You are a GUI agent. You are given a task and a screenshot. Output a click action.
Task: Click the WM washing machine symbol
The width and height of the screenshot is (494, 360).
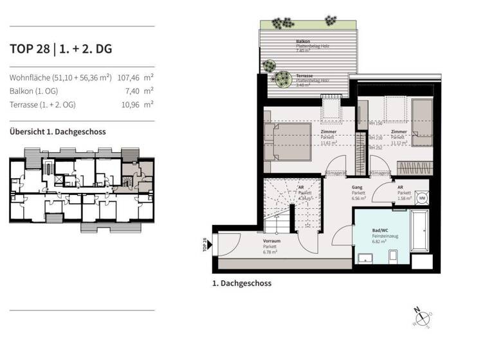421,198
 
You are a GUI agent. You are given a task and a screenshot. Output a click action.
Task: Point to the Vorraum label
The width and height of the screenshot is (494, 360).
271,240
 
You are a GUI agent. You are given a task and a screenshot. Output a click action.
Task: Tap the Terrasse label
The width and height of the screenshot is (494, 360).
304,76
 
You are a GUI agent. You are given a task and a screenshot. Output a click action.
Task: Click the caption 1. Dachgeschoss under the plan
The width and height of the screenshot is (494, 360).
241,283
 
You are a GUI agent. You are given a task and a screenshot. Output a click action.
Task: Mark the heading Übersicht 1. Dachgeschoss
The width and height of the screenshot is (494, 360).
58,132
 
